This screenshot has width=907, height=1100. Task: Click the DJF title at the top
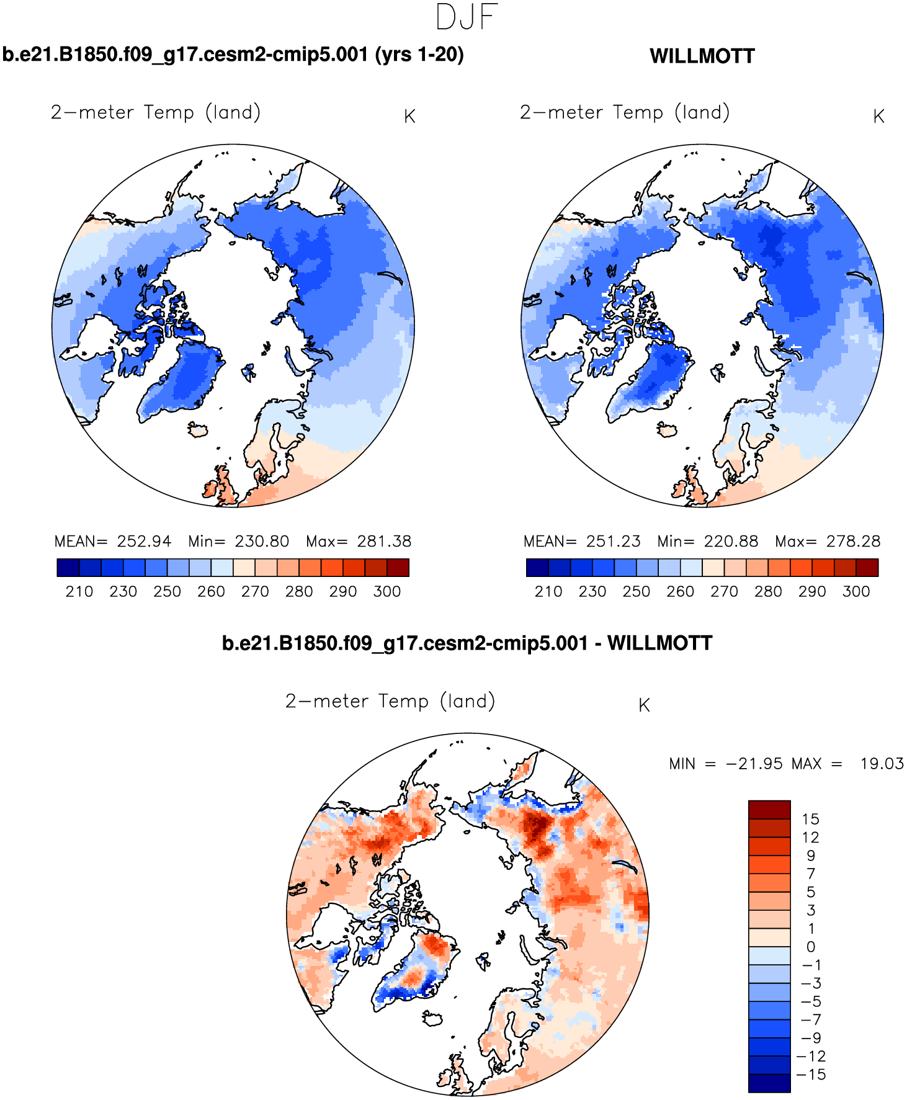pos(467,17)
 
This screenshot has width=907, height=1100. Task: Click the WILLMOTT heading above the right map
pos(702,56)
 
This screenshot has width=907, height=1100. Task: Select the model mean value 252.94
pos(144,542)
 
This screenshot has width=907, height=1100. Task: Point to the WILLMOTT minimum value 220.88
pos(731,542)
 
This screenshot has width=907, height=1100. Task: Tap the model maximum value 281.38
pos(384,542)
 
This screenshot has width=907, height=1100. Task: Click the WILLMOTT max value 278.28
pos(853,542)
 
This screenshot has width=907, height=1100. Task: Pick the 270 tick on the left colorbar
pos(255,592)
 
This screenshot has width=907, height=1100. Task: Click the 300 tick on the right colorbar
pos(856,592)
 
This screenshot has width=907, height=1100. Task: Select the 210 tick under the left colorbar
pos(79,592)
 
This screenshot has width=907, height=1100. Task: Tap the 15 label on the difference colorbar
pos(810,819)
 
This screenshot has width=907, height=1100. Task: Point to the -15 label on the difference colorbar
pos(810,1075)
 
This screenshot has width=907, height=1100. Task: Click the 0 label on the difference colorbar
pos(810,947)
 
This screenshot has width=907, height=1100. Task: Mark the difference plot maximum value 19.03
pos(882,764)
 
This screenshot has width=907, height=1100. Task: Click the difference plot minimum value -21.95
pos(754,764)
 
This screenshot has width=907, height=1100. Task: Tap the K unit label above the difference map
pos(644,705)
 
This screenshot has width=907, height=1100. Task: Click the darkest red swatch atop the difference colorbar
pos(769,810)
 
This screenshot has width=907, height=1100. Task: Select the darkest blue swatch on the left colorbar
pos(68,568)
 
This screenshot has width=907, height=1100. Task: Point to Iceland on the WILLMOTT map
pos(666,429)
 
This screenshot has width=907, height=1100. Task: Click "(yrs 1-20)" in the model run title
pos(419,55)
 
